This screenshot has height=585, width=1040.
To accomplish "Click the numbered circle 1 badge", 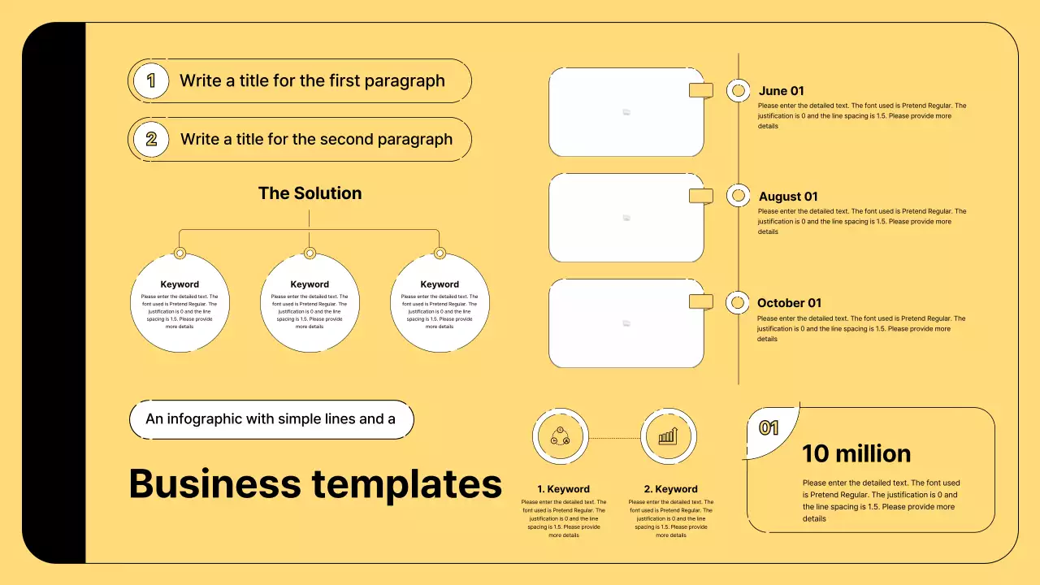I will pyautogui.click(x=150, y=80).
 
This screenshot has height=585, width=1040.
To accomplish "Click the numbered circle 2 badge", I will pyautogui.click(x=151, y=139).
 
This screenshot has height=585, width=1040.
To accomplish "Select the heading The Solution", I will pyautogui.click(x=310, y=193).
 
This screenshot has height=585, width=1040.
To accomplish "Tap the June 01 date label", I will pyautogui.click(x=781, y=91).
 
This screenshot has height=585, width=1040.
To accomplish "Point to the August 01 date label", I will pyautogui.click(x=788, y=197).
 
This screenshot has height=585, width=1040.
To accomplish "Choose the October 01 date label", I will pyautogui.click(x=789, y=303).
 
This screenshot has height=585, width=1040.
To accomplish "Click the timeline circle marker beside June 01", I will pyautogui.click(x=738, y=90).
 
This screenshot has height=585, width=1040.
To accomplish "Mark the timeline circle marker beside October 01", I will pyautogui.click(x=737, y=303).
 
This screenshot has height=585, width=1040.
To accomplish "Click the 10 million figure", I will pyautogui.click(x=856, y=453).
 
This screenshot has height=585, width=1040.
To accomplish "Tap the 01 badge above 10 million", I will pyautogui.click(x=769, y=428).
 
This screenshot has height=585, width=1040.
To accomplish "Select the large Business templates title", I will pyautogui.click(x=315, y=484).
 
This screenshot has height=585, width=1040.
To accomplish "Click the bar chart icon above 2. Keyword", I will pyautogui.click(x=668, y=437).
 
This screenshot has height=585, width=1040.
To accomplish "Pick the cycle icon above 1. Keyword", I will pyautogui.click(x=560, y=435).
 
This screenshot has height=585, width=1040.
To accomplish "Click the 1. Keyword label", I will pyautogui.click(x=563, y=489).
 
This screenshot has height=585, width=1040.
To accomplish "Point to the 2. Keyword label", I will pyautogui.click(x=670, y=489).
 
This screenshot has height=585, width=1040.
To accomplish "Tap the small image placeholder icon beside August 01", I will pyautogui.click(x=626, y=218).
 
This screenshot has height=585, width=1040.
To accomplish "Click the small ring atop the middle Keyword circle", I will pyautogui.click(x=310, y=253).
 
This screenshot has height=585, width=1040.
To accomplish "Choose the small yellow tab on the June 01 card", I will pyautogui.click(x=700, y=90).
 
